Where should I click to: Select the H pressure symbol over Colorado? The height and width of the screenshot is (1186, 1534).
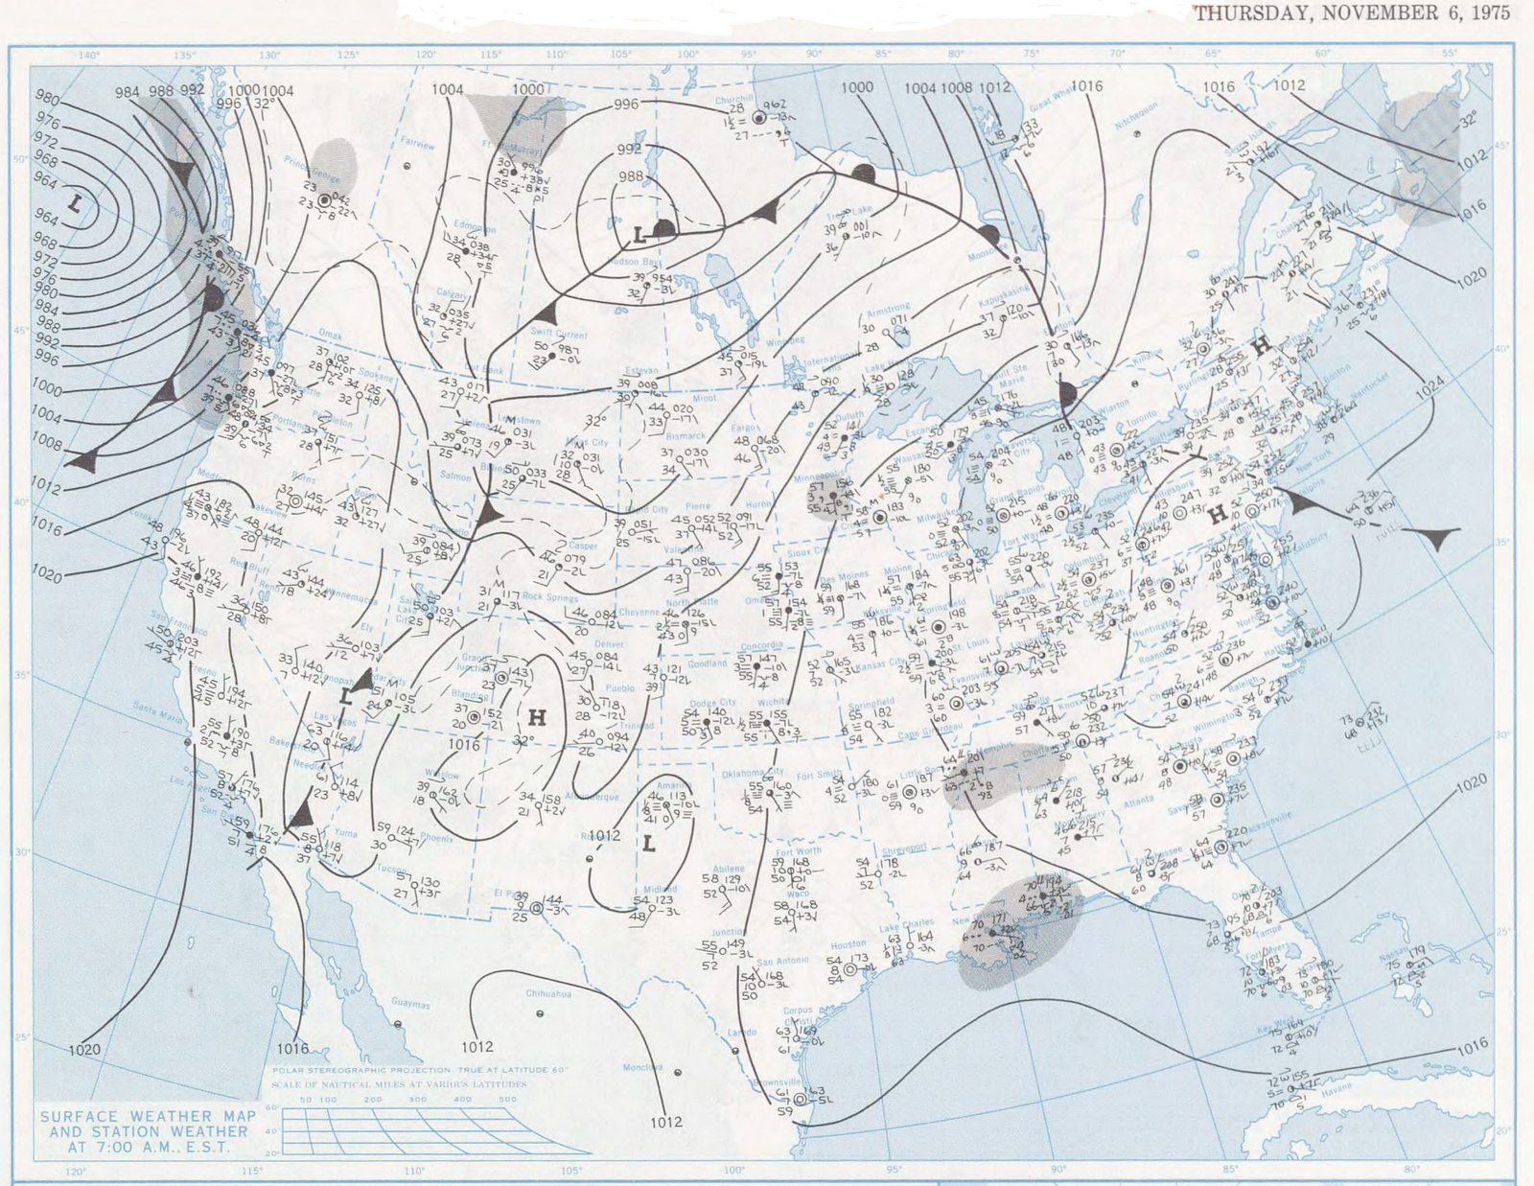(537, 716)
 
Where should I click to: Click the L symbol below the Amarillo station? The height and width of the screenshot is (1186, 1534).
(649, 844)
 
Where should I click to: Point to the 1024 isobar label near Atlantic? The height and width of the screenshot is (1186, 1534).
(1429, 386)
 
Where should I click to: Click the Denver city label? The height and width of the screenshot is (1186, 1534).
(609, 644)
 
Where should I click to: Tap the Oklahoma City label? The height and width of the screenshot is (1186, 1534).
(753, 773)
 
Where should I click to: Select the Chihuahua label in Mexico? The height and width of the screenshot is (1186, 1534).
(548, 994)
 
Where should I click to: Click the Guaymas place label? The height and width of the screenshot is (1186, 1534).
(410, 1004)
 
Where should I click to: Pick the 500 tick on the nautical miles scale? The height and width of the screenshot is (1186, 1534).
(507, 1100)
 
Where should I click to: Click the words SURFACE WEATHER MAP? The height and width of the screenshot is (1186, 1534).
(149, 1116)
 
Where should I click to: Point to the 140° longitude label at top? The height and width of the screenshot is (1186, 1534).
(88, 55)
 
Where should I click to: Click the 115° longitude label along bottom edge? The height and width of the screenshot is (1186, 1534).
(251, 1171)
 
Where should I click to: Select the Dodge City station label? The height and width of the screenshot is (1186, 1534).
(712, 703)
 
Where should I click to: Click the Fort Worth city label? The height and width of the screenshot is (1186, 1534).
(798, 851)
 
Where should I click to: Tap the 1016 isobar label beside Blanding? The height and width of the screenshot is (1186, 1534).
(464, 744)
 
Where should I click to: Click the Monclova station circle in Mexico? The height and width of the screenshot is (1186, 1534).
(679, 1073)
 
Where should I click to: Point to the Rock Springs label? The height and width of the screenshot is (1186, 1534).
(546, 596)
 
